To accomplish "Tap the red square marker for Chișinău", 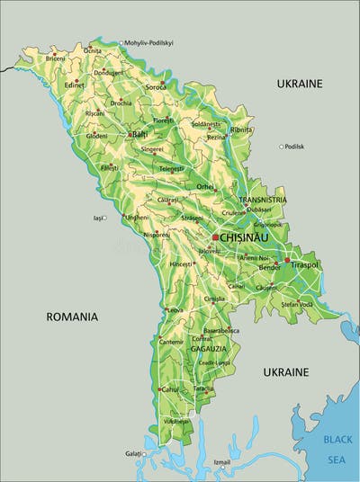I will [x=215, y=237].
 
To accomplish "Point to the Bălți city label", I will [x=139, y=134].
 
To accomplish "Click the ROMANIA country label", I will [x=72, y=317].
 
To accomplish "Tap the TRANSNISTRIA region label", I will [x=263, y=200].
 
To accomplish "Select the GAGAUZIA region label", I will [x=207, y=347].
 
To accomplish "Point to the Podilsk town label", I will [x=294, y=147].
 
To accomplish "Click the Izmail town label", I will [x=221, y=462].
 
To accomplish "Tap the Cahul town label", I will [x=170, y=389].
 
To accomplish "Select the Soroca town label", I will [x=157, y=87].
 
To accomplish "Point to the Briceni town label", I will [x=56, y=58].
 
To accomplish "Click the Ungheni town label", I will [x=137, y=218].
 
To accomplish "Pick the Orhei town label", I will [x=205, y=186].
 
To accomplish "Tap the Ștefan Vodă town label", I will [x=297, y=304].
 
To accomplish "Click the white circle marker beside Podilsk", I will [x=280, y=147].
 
